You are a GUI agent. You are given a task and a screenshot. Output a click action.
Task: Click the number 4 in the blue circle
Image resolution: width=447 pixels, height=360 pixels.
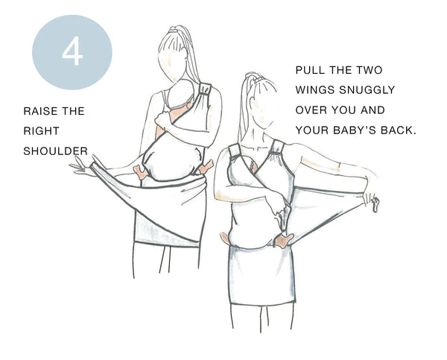coord(72,52)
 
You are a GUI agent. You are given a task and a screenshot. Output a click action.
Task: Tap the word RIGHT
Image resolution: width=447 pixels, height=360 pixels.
coord(41,131)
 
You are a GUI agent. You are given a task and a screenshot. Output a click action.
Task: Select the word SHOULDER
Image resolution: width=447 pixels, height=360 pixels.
coord(55,151)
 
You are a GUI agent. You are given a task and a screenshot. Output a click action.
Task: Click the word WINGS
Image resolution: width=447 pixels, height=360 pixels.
coord(314,90)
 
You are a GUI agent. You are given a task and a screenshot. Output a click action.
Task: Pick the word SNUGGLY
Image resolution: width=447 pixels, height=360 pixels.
coord(367,90)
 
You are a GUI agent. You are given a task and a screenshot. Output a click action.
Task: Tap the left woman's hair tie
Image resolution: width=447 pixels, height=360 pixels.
coord(173,29)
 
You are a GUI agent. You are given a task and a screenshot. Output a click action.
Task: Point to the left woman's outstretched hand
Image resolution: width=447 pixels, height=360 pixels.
coord(82,167)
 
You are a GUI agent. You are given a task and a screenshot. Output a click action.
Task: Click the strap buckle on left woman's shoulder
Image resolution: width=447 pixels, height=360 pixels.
coord(205,89)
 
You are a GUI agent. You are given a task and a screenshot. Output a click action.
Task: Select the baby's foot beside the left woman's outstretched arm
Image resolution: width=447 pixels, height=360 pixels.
coord(140,172)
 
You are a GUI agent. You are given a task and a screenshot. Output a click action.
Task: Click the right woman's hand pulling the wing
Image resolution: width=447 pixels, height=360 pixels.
coord(372,200)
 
